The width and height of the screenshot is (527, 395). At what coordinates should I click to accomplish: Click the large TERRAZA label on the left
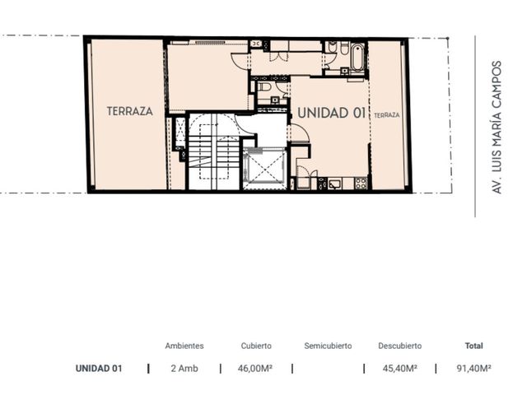[x=130, y=111]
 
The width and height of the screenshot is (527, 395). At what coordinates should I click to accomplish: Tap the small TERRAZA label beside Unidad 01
[x=387, y=115]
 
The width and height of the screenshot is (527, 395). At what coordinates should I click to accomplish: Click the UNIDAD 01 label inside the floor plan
[x=331, y=113]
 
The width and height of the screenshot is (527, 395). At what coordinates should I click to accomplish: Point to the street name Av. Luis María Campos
[x=497, y=128]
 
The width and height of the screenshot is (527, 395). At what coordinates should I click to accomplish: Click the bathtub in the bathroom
[x=357, y=57]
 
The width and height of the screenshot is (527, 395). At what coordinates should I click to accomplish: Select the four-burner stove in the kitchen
[x=361, y=184]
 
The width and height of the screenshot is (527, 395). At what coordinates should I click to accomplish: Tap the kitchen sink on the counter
[x=335, y=184]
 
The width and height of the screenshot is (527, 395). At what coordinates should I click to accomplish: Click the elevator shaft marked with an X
[x=264, y=169]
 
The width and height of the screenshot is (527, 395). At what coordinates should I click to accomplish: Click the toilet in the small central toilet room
[x=264, y=87]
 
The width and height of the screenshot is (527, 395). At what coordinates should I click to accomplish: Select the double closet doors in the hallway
[x=279, y=56]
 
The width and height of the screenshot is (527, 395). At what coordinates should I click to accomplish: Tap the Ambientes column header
[x=184, y=346]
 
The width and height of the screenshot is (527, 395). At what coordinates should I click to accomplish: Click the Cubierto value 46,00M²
[x=255, y=369]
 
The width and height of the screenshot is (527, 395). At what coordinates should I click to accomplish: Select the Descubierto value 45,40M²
[x=400, y=369]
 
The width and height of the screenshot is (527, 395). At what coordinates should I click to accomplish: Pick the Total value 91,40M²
[x=474, y=369]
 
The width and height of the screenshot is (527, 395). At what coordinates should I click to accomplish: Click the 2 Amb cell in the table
[x=184, y=369]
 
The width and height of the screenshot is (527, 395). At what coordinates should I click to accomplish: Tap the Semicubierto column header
[x=328, y=346]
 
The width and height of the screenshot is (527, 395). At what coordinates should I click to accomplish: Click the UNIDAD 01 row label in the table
[x=99, y=369]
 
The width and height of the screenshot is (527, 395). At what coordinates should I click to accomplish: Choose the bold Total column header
[x=474, y=346]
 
